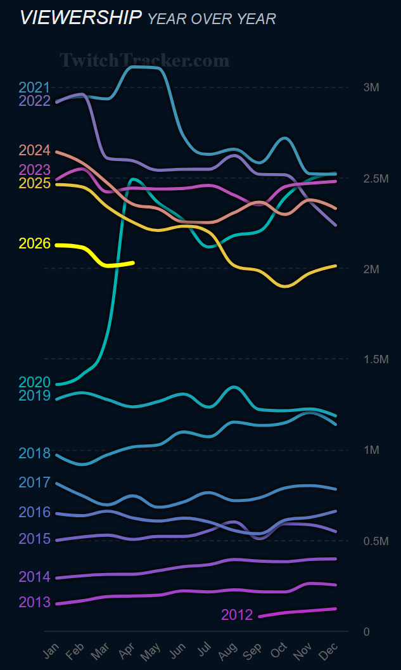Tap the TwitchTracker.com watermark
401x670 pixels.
pos(144,60)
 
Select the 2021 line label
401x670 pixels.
pos(34,87)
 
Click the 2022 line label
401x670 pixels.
pos(34,101)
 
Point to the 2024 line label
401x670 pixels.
pos(34,150)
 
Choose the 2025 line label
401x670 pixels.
pos(34,183)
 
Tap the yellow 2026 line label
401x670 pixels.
pos(34,243)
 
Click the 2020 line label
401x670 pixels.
pos(34,382)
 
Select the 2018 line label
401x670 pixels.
pos(34,453)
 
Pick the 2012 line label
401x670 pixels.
pos(237,615)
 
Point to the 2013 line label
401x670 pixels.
pos(34,602)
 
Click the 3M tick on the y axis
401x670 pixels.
pos(371,87)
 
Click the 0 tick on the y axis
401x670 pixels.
pos(367,632)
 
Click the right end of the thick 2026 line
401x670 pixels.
pos(133,262)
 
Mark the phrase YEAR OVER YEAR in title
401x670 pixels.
pos(212,19)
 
